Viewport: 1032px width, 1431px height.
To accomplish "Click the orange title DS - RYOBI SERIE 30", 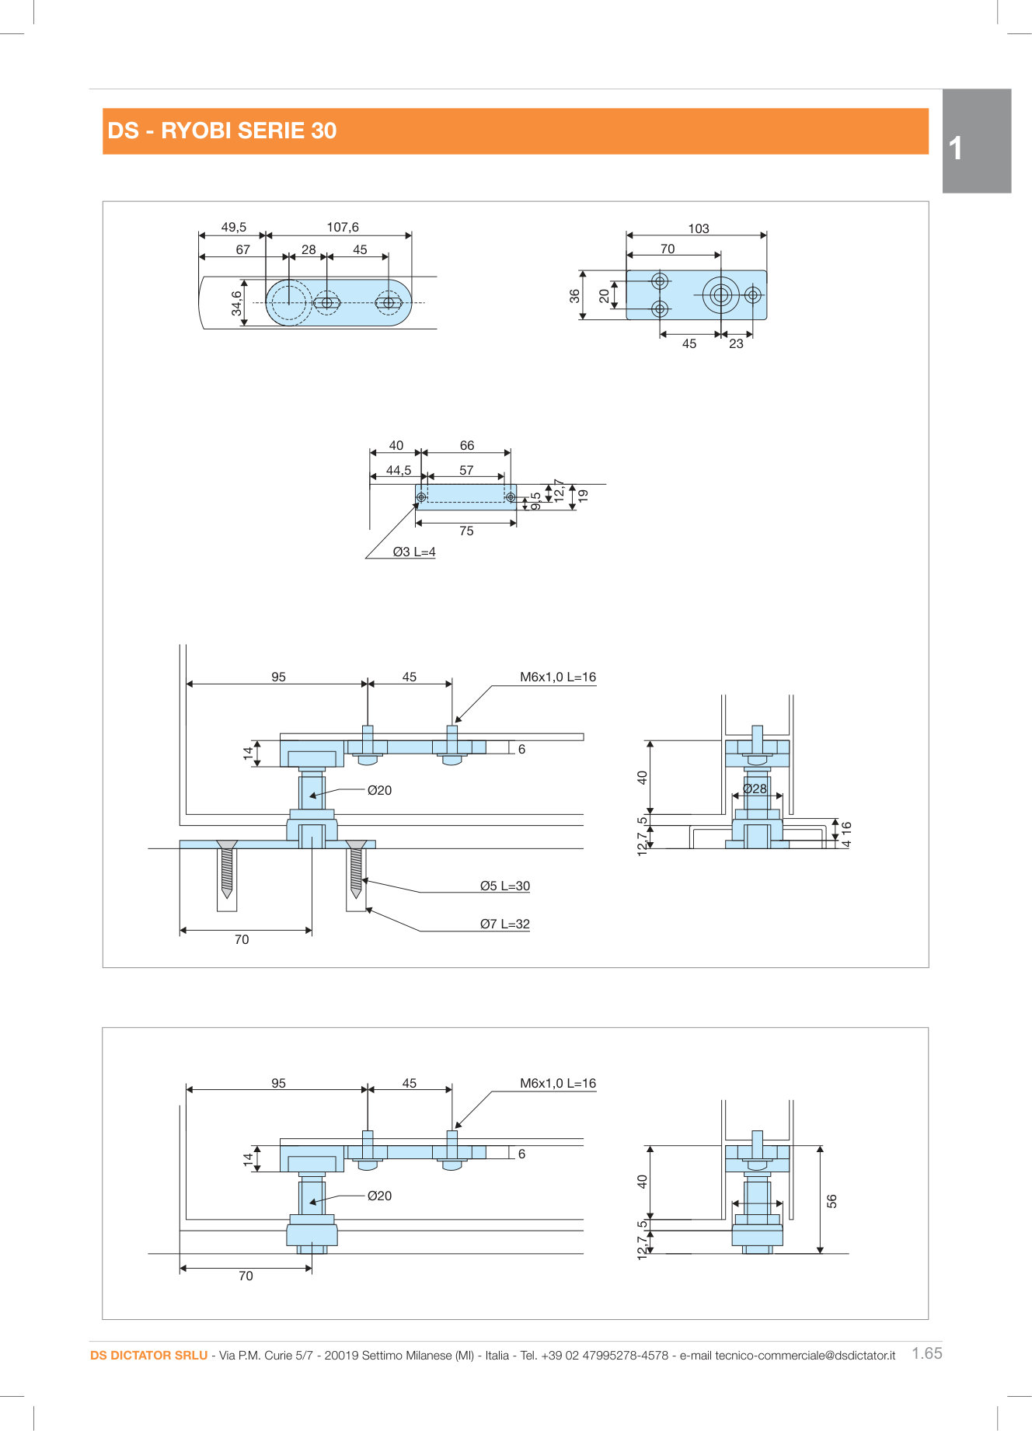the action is coord(222,131).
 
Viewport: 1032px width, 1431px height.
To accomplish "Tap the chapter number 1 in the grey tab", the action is coord(956,148).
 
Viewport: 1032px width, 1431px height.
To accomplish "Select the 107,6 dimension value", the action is coord(343,227).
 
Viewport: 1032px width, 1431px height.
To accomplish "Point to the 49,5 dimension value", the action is coord(233,227).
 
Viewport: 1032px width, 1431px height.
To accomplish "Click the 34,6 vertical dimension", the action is coord(237,303).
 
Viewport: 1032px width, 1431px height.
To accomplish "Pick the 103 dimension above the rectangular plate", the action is coord(698,228).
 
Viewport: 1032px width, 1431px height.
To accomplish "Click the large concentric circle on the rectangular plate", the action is coord(720,295).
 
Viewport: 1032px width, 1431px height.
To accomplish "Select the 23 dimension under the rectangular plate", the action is coord(736,343).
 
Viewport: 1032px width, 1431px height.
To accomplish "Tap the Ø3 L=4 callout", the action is coord(414,552).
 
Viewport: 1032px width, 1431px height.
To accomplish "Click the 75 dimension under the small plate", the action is coord(466,531).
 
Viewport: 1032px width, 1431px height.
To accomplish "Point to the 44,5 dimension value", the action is coord(399,470).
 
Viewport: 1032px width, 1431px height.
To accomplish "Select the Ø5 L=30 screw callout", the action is coord(504,886).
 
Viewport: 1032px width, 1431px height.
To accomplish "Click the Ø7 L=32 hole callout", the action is coord(504,924).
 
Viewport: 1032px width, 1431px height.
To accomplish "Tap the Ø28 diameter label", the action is coord(755,789).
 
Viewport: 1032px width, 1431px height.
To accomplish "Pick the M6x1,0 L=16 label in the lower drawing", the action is coord(557,1083).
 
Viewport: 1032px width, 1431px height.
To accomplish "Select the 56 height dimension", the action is coord(832,1200).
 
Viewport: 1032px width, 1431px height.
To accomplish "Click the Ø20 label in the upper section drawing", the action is coord(379,790).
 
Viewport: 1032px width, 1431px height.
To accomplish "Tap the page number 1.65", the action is coord(926,1353).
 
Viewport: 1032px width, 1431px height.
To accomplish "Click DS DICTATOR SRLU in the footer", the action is coord(148,1355).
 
